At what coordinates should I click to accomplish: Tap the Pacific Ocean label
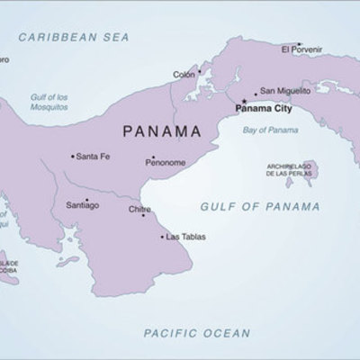click(x=197, y=333)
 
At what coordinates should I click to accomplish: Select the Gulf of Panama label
click(x=261, y=206)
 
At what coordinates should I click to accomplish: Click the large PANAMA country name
click(x=161, y=130)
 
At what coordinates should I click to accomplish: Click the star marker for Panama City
click(x=244, y=100)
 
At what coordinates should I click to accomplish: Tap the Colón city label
click(x=183, y=75)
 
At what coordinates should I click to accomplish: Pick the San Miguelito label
click(x=282, y=91)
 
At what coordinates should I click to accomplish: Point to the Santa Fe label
click(x=94, y=157)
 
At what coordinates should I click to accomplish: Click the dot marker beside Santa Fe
click(x=73, y=157)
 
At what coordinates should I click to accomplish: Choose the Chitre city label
click(x=139, y=210)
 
